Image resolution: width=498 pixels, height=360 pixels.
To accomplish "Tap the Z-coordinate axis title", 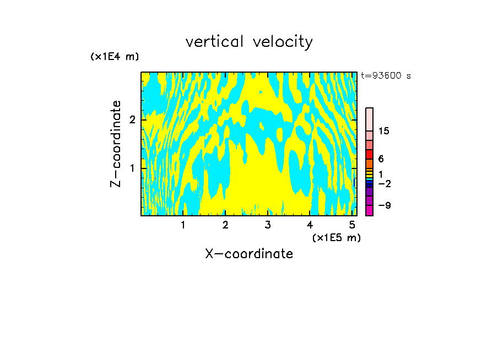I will click(116, 144).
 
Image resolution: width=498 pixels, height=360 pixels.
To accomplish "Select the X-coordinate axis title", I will click(249, 254).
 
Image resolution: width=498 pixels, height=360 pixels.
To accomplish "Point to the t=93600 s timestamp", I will click(386, 76).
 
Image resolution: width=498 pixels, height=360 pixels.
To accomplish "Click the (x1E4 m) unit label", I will click(115, 57).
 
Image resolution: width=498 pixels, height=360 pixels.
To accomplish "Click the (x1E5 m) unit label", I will click(337, 237).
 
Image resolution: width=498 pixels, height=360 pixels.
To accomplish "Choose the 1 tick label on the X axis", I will click(183, 225).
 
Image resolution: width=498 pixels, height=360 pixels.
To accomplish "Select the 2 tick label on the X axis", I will click(225, 225).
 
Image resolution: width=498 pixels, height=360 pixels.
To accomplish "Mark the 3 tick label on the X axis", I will click(268, 225).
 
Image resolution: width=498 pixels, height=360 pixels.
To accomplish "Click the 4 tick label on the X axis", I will click(310, 225).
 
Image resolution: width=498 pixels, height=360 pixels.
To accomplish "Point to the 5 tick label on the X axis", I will click(352, 225).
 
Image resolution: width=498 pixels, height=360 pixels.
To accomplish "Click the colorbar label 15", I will click(384, 131).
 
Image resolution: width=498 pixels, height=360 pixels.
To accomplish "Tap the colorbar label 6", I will click(381, 159).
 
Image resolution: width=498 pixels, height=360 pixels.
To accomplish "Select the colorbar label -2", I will click(384, 183).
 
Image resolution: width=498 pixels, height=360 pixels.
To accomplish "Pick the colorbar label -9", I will click(384, 205).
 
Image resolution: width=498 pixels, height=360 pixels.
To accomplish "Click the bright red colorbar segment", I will click(369, 154).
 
